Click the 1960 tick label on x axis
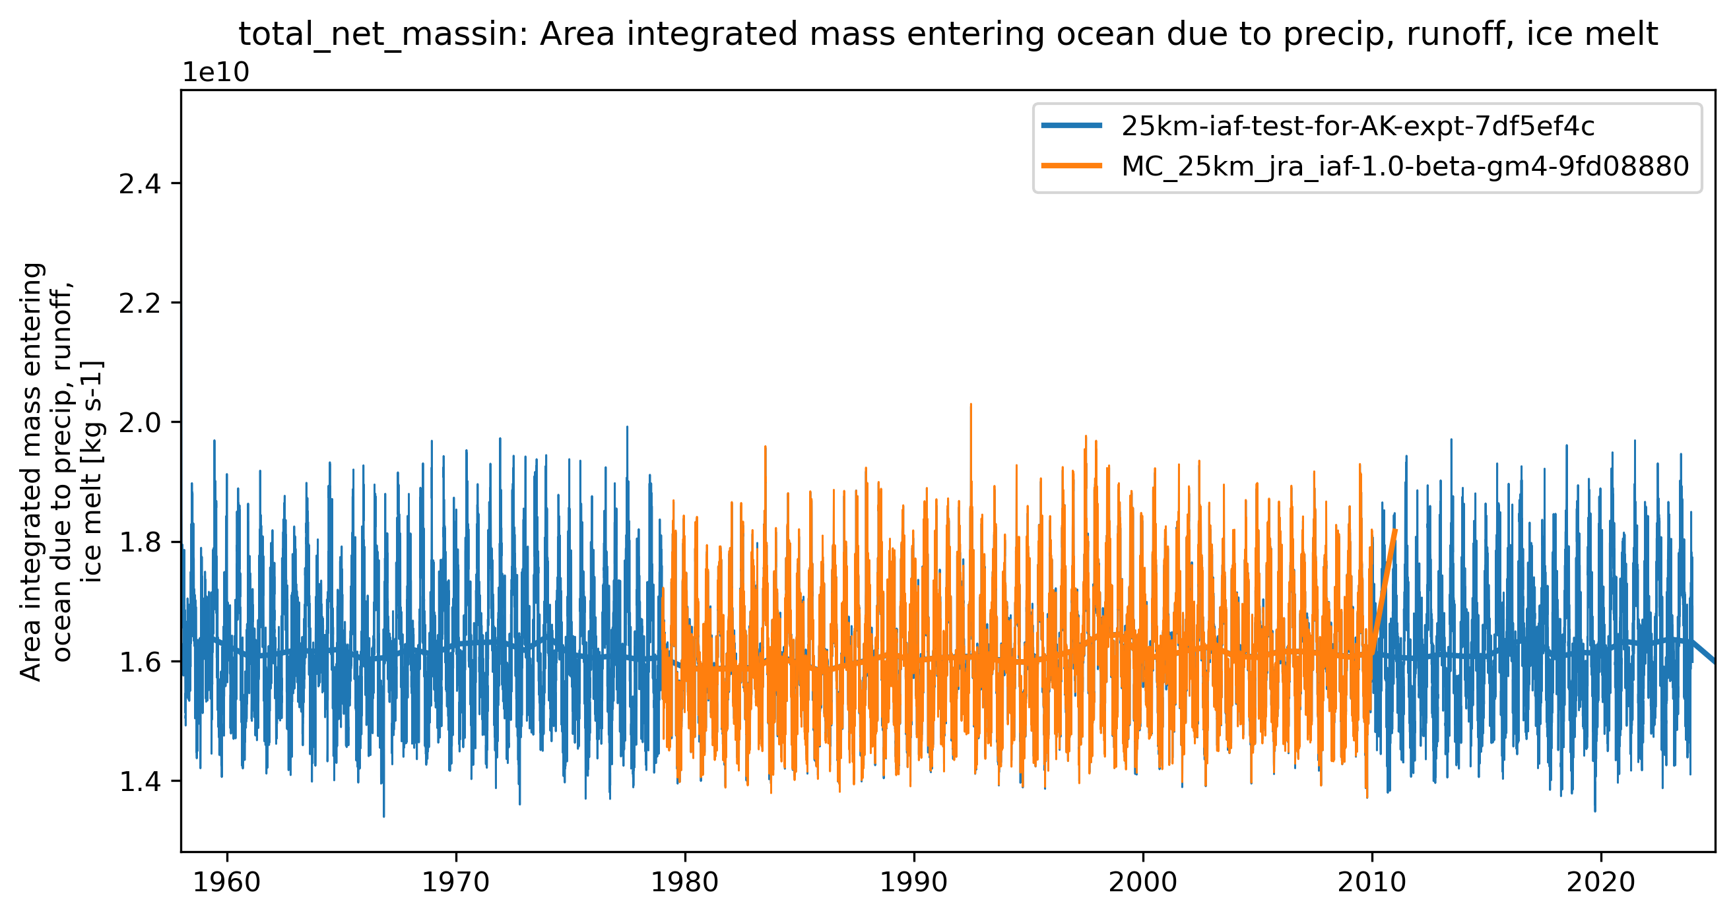(227, 882)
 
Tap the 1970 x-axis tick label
(456, 882)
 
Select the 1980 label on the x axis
(685, 882)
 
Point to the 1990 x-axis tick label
(914, 882)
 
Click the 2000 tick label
(1143, 882)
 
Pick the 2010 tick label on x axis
(1372, 882)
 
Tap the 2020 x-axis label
(1601, 882)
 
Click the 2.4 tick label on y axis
(140, 184)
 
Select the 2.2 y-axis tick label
(140, 303)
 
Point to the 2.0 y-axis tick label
(140, 423)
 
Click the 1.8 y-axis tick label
(140, 542)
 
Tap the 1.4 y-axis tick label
(140, 781)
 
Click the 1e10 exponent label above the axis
(216, 73)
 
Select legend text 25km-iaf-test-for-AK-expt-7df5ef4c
(1358, 126)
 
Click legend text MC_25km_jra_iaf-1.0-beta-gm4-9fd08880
(1405, 166)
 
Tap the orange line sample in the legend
(1072, 166)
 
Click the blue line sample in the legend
(1072, 125)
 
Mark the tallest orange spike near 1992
(971, 406)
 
